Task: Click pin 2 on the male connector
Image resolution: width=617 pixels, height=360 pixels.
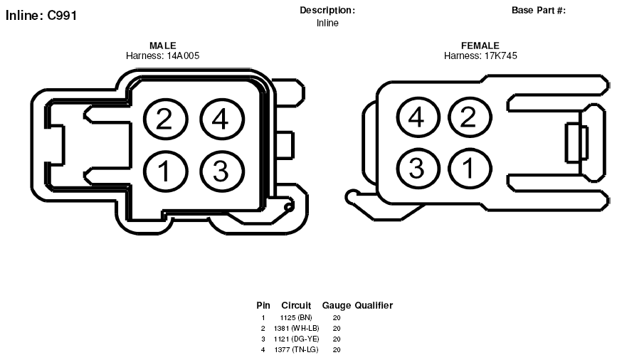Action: (165, 119)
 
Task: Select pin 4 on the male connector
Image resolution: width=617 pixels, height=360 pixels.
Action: (221, 119)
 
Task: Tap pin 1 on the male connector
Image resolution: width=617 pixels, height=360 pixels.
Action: (165, 171)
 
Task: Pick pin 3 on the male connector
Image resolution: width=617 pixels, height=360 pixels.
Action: (221, 171)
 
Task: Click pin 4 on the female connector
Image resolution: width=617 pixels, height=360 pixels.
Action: (418, 117)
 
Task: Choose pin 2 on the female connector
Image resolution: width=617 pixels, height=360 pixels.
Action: (470, 117)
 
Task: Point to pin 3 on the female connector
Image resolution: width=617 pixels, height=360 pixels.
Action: (418, 169)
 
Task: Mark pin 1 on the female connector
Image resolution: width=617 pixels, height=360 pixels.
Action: (470, 169)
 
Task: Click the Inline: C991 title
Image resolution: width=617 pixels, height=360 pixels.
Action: (41, 16)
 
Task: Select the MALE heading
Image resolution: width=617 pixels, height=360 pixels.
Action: (163, 46)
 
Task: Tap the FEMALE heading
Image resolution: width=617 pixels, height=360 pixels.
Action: (480, 46)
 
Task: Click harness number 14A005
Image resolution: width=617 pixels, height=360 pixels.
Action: (183, 56)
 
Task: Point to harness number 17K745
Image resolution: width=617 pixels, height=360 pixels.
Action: (500, 56)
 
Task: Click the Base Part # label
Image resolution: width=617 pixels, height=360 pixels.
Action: (539, 10)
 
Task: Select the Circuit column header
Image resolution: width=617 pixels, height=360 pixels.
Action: (296, 305)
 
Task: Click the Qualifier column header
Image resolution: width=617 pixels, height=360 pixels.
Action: (374, 305)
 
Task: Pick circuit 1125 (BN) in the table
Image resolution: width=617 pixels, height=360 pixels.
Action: (296, 317)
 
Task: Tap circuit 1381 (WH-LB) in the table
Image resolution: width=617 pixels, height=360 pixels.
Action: (296, 328)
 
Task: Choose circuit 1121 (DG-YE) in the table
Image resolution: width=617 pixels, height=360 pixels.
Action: (296, 339)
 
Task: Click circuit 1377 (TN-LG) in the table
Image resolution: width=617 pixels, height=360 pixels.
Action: (296, 349)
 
